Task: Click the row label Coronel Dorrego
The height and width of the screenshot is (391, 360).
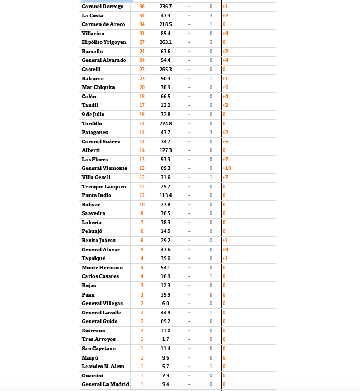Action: [x=103, y=7]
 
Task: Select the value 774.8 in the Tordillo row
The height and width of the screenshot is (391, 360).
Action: [x=166, y=124]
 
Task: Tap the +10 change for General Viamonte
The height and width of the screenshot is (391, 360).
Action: [x=227, y=168]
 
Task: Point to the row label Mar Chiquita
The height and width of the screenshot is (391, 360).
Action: [x=98, y=87]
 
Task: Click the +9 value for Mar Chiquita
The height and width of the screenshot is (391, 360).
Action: [x=225, y=87]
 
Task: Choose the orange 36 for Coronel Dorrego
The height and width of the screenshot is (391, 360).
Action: [x=142, y=7]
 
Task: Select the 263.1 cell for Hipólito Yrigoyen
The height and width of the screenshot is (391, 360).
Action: [x=166, y=42]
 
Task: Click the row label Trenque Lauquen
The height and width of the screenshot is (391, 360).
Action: [x=104, y=187]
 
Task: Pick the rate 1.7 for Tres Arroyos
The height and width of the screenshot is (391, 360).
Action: [x=166, y=339]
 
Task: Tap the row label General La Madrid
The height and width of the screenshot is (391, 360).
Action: [x=105, y=384]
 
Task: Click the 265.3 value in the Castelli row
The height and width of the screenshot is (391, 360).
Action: [x=166, y=70]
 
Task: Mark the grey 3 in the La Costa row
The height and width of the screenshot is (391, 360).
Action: [x=211, y=16]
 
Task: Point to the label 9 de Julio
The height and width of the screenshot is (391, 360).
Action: [x=93, y=115]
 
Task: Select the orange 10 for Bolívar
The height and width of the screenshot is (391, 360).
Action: [x=142, y=205]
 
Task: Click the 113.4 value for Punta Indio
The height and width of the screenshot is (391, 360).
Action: [x=166, y=195]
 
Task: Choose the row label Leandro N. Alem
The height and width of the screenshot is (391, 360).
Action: [x=103, y=367]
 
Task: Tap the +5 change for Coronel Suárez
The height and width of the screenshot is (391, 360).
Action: [x=225, y=142]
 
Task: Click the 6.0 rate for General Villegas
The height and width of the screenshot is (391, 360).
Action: [x=166, y=304]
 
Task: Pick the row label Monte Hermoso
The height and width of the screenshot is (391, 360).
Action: [x=102, y=268]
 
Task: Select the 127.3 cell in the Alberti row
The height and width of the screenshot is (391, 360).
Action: [x=166, y=150]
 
